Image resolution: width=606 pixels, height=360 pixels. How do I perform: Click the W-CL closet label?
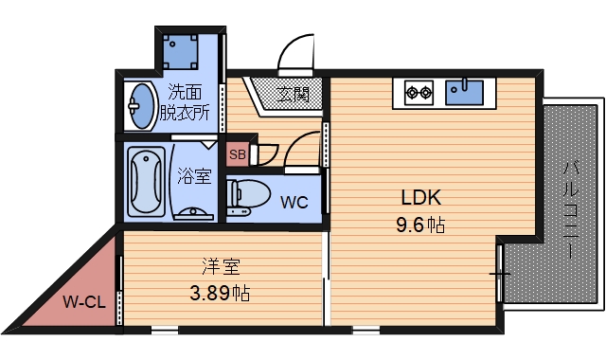[x=83, y=303]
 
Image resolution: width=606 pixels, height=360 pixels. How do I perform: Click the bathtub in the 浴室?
[x=148, y=180]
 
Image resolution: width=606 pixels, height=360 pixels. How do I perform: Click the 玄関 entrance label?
[x=294, y=94]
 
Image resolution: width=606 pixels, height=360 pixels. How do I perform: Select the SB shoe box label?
[x=238, y=154]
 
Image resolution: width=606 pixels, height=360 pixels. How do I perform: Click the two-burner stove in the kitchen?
[x=418, y=92]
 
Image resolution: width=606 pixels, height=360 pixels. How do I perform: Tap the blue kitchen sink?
[x=465, y=92]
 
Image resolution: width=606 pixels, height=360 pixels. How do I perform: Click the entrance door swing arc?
[x=295, y=51]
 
